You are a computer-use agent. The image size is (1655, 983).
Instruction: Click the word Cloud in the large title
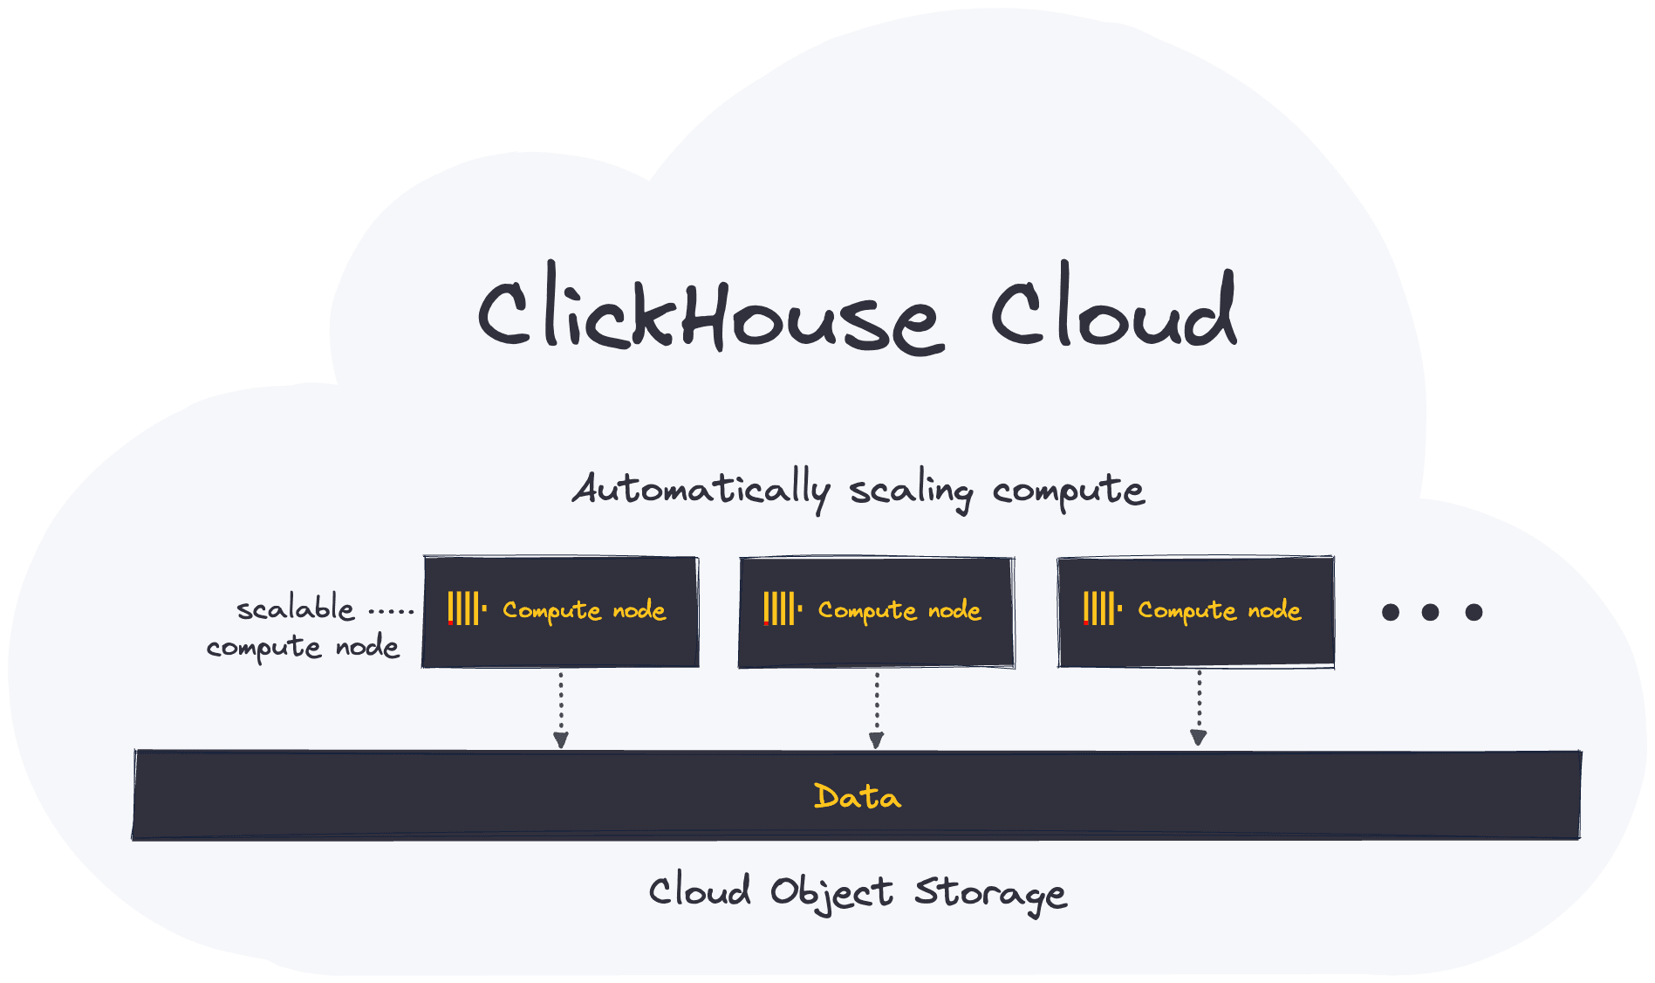coord(1113,311)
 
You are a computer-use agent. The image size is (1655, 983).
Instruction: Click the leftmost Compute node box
coord(560,612)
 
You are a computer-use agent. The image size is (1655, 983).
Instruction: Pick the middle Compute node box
coord(876,612)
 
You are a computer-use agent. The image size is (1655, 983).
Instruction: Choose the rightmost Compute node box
coord(1195,612)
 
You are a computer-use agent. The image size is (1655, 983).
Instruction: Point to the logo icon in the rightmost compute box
coord(1102,608)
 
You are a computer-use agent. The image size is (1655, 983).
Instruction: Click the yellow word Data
coord(857,796)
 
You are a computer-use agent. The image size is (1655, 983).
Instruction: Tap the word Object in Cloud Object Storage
coord(831,892)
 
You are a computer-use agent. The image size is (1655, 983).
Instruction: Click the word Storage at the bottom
coord(990,893)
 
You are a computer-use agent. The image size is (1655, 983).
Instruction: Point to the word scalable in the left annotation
coord(296,608)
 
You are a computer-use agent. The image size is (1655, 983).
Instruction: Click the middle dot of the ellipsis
coord(1430,612)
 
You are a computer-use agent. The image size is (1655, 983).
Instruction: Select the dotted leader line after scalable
coord(391,611)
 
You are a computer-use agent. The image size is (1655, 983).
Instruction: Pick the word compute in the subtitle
coord(1068,491)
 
